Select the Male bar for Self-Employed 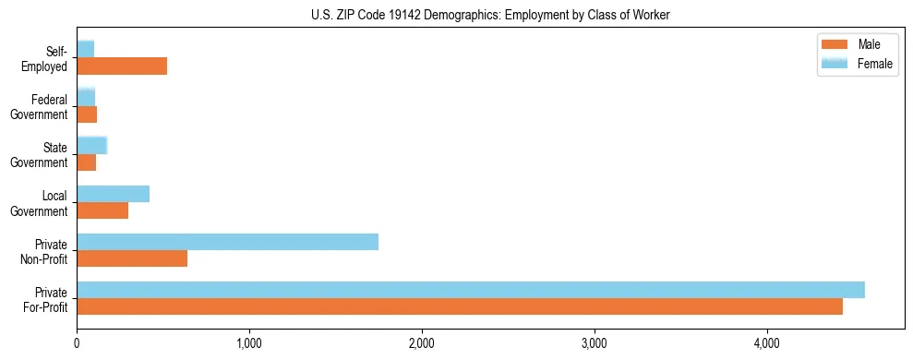122,66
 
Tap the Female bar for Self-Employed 85,49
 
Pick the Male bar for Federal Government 87,114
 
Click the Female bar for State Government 91,145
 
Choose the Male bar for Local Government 102,210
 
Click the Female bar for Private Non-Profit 227,242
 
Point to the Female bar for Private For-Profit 470,290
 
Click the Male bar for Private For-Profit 459,306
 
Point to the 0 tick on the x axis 77,343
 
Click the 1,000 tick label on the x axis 249,343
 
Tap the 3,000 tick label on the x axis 595,343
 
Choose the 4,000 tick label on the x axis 766,343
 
